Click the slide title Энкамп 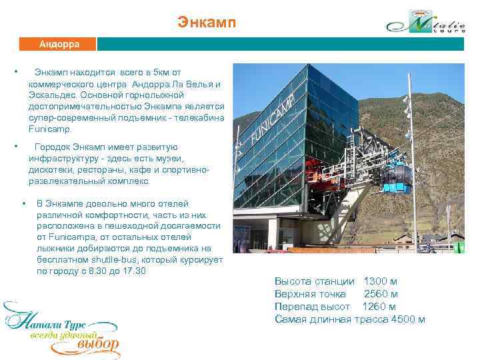click(x=207, y=23)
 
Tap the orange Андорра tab click(x=59, y=45)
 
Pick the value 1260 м click(x=379, y=307)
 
